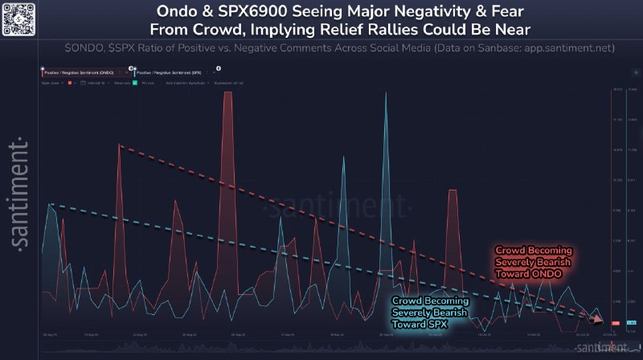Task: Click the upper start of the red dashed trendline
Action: (x=120, y=145)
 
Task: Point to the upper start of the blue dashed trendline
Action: (x=50, y=204)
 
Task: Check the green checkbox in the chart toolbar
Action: (x=135, y=83)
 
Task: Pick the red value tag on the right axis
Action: (x=615, y=323)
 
